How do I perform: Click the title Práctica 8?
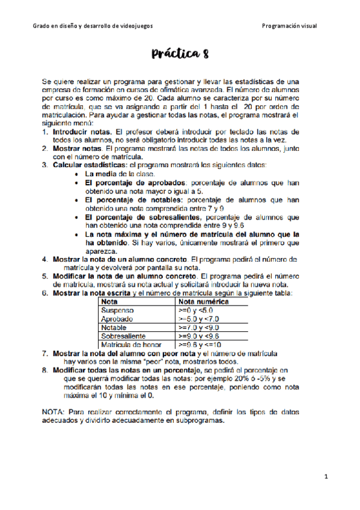tap(180, 55)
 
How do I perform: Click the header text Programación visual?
tap(290, 26)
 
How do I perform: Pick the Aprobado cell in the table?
tap(117, 319)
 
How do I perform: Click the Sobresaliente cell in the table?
tap(123, 336)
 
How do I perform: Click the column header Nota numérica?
tap(204, 301)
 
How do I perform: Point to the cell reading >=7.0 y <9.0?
tap(199, 328)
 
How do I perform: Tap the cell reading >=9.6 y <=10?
tap(200, 345)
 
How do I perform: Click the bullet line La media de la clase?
tap(120, 173)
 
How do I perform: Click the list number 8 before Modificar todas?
tap(45, 370)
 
